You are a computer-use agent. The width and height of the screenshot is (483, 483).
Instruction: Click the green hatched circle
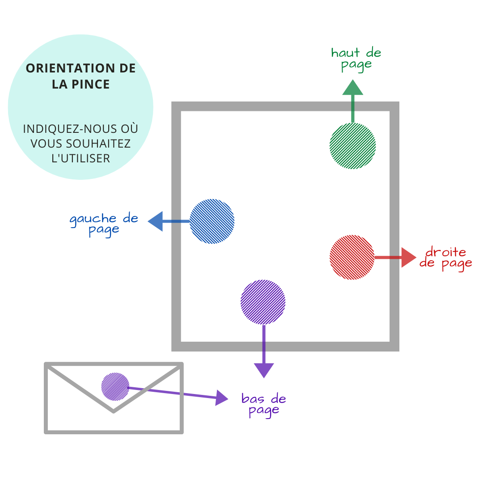(x=352, y=146)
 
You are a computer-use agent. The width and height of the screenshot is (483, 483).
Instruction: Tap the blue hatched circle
(x=212, y=221)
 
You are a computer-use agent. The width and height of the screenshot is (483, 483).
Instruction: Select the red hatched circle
(x=352, y=257)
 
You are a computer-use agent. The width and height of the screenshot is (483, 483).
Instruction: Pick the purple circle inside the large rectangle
(x=263, y=302)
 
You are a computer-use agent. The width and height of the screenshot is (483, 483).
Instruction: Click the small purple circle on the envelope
(x=115, y=386)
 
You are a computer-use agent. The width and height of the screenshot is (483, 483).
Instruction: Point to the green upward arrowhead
(x=352, y=88)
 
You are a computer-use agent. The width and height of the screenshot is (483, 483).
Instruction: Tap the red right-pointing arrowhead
(x=408, y=257)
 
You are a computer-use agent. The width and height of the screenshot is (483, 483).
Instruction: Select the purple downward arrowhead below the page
(x=263, y=370)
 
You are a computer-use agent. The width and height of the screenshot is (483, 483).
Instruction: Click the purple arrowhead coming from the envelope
(x=221, y=397)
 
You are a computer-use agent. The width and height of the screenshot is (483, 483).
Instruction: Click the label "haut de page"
(x=356, y=59)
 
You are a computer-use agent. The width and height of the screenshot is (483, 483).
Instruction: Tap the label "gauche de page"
(x=104, y=224)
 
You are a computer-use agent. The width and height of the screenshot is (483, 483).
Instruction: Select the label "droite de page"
(x=445, y=258)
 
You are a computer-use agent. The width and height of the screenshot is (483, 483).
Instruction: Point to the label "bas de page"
(x=264, y=404)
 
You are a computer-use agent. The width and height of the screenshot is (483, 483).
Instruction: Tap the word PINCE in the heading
(x=93, y=85)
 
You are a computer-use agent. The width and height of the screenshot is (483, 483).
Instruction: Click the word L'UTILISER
(x=81, y=158)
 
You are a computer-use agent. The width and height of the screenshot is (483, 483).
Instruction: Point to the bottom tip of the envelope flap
(x=114, y=411)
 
